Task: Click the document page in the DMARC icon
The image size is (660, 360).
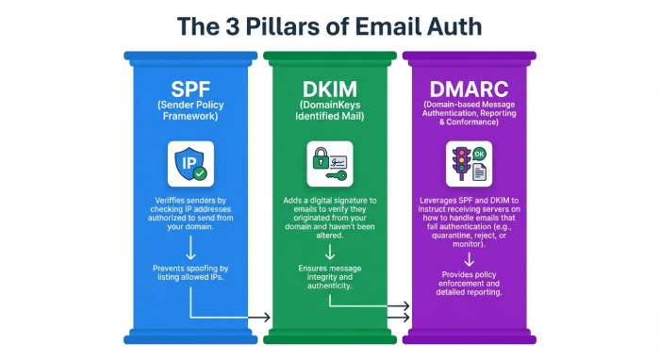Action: (479, 172)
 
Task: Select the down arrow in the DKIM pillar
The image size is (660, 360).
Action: (330, 252)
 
